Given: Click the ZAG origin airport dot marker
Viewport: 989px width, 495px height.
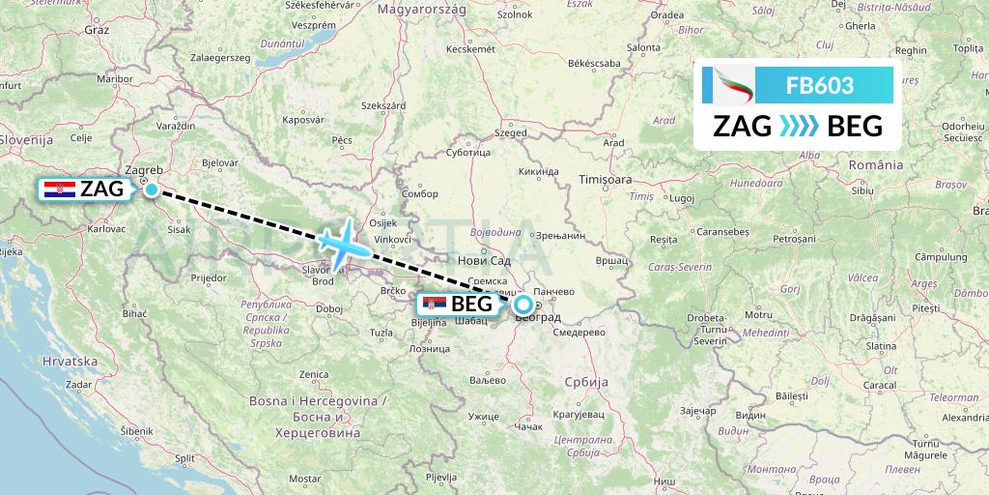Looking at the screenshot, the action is [x=152, y=189].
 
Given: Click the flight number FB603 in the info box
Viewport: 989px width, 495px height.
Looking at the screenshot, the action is [x=819, y=85].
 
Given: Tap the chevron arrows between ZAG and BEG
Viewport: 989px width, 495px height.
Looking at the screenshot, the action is [x=798, y=126].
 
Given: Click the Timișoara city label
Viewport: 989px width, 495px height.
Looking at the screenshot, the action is [x=605, y=179].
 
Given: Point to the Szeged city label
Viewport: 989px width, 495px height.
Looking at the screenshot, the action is [x=511, y=133].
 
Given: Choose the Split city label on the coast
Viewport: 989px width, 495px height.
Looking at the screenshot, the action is [x=185, y=458].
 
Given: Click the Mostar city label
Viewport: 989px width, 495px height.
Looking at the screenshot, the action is [x=303, y=479].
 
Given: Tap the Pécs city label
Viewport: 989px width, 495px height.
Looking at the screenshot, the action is [x=341, y=140].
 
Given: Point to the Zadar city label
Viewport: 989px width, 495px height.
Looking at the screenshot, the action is [x=79, y=384].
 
